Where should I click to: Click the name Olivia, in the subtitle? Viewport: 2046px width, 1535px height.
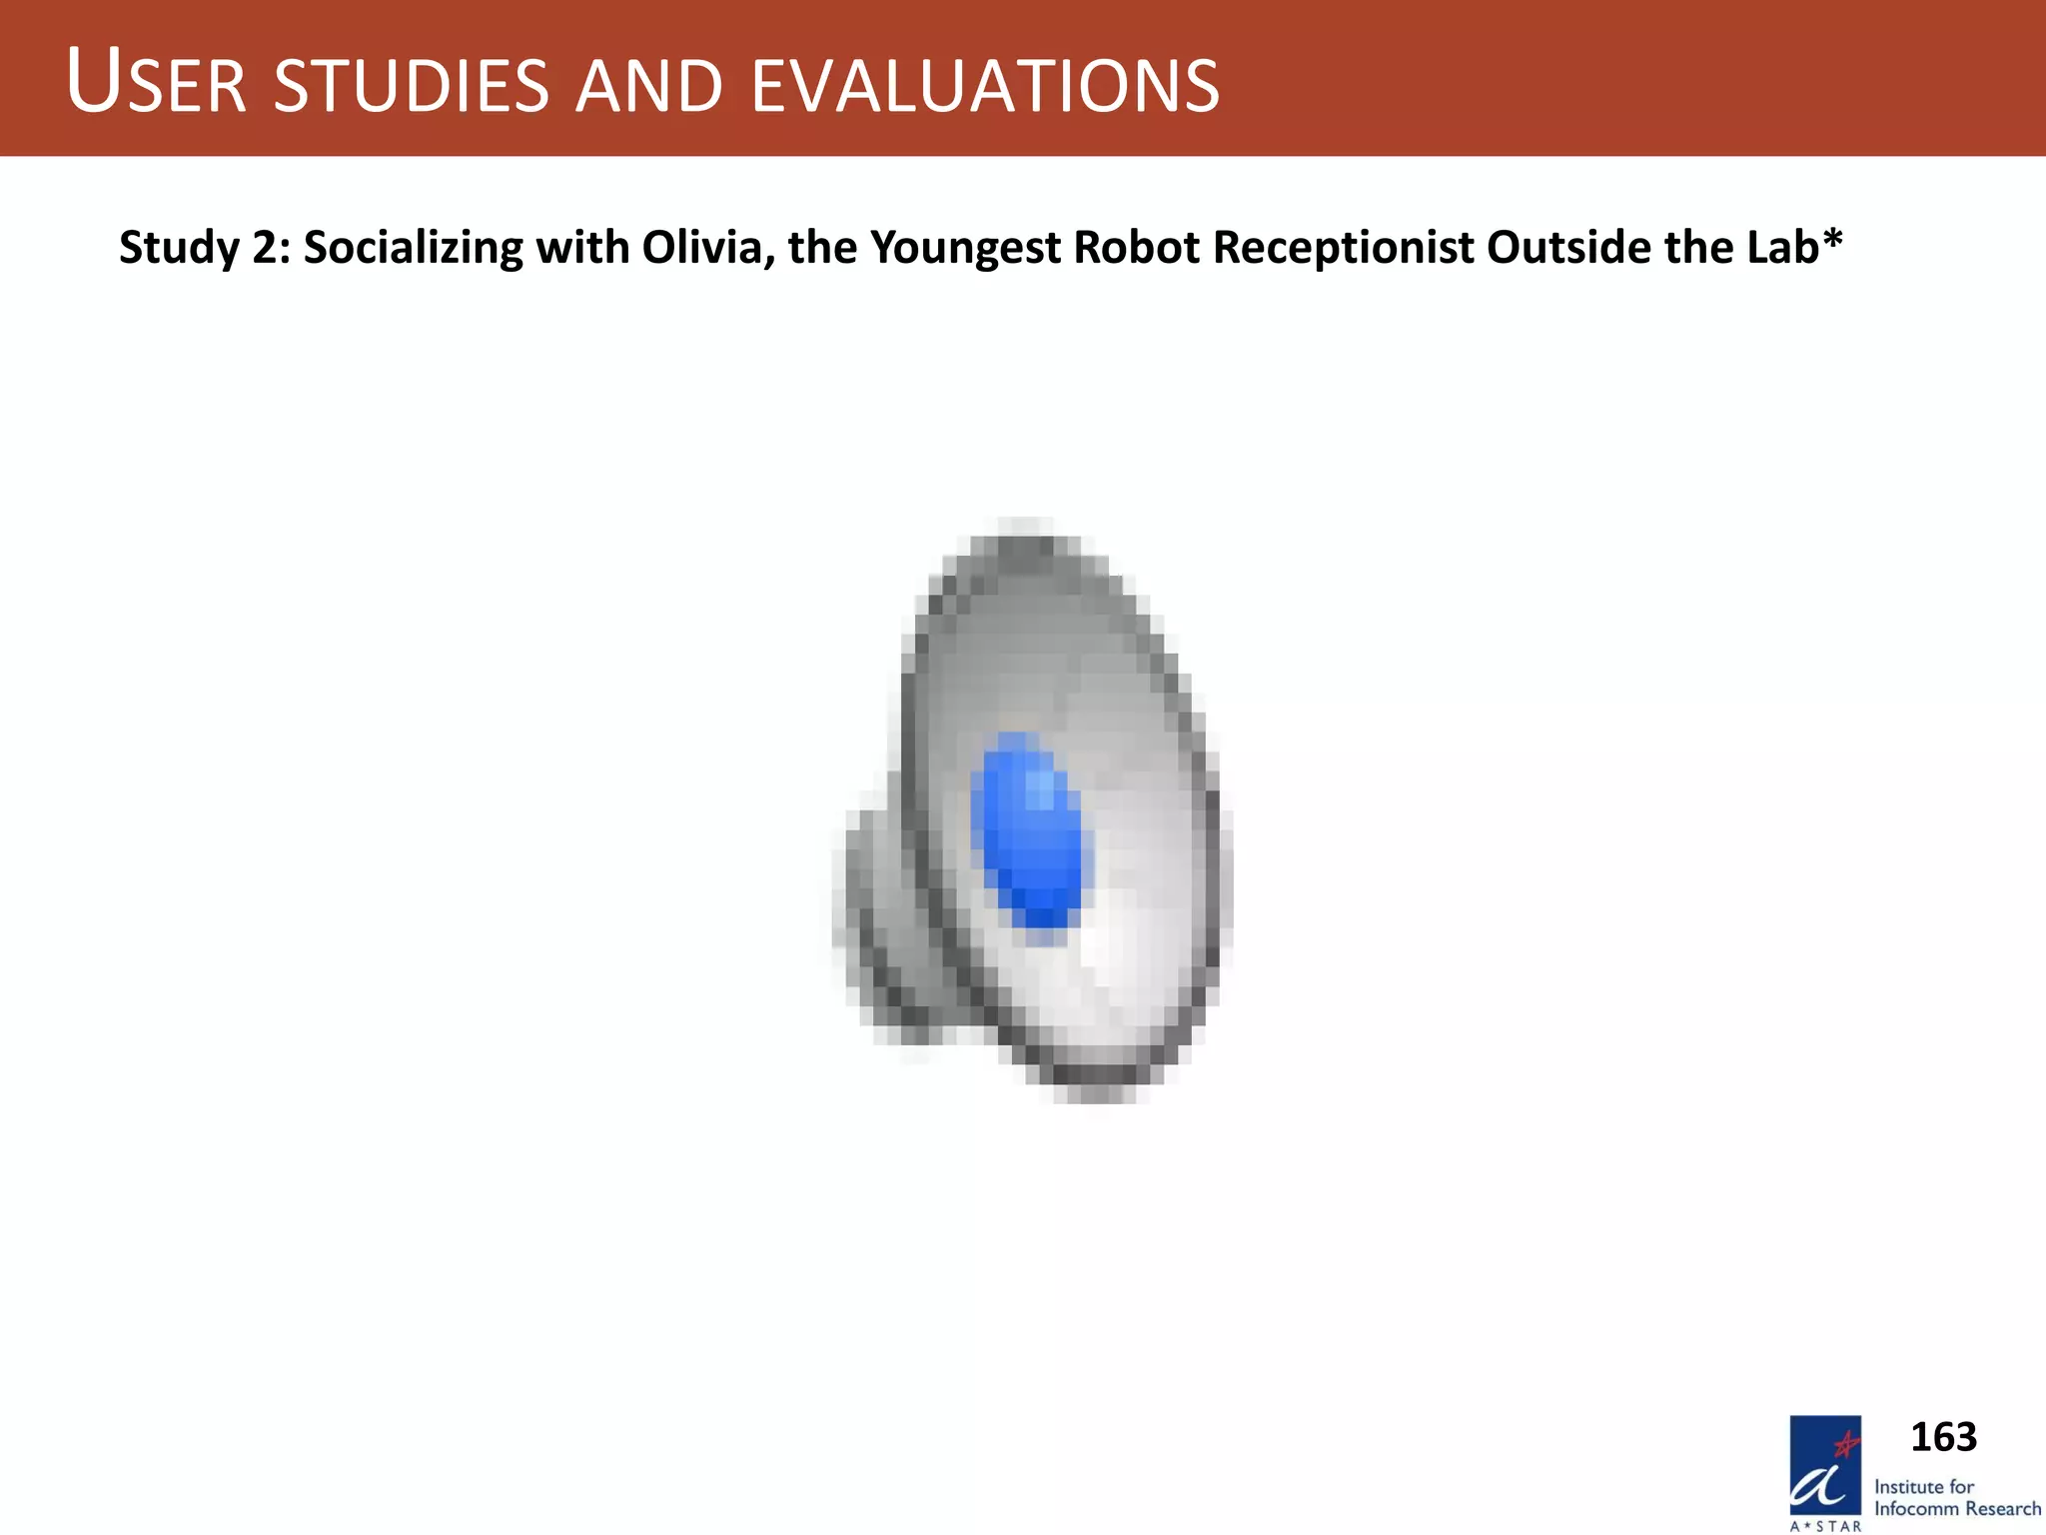tap(709, 247)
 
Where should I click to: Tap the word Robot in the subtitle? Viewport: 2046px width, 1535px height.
tap(1136, 247)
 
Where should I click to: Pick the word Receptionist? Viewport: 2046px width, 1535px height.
tap(1343, 248)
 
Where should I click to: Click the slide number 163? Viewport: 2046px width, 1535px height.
tap(1943, 1437)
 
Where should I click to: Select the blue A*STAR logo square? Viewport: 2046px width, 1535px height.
tap(1824, 1465)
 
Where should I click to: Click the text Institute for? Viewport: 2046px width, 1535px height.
tap(1924, 1486)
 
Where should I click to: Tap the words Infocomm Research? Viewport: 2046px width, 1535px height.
tap(1957, 1509)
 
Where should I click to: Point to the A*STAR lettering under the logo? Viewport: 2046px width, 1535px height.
tap(1825, 1526)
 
